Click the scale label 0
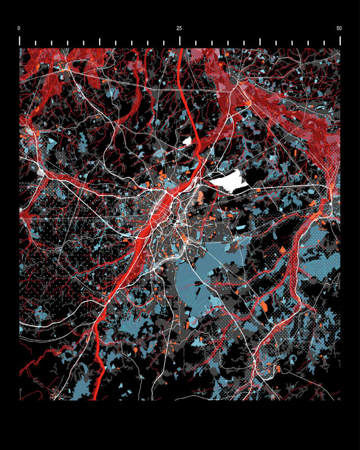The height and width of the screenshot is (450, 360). [x=19, y=28]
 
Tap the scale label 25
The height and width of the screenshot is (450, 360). [x=179, y=28]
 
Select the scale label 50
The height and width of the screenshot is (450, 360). [x=339, y=28]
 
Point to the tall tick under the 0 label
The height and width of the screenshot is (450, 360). [x=20, y=40]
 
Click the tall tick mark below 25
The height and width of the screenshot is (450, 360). [x=180, y=40]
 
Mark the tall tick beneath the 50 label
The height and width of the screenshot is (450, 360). [x=340, y=40]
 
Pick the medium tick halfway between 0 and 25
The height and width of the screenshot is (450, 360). [x=100, y=42]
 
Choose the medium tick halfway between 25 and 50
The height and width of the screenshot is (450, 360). [x=260, y=42]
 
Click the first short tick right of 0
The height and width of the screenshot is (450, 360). [x=35, y=43]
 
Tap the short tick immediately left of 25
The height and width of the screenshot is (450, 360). [x=164, y=43]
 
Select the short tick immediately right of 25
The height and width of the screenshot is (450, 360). [x=196, y=43]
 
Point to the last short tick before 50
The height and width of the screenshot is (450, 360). [x=324, y=43]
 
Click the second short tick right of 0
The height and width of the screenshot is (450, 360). [x=52, y=43]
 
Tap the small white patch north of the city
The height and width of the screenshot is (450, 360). [x=188, y=141]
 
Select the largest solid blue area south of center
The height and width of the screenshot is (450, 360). [x=202, y=276]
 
